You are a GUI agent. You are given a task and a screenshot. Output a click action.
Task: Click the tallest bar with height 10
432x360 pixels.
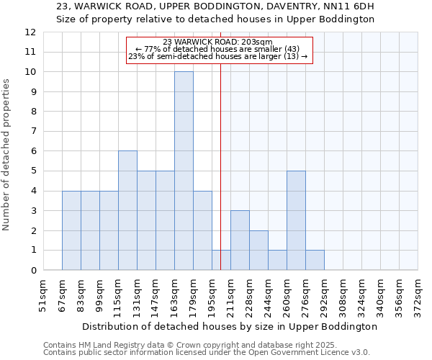click(184, 171)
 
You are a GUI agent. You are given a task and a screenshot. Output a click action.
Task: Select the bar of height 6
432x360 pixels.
click(127, 210)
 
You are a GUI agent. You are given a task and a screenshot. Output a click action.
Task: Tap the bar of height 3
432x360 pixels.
click(240, 240)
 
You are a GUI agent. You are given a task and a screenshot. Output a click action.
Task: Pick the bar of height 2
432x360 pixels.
click(258, 250)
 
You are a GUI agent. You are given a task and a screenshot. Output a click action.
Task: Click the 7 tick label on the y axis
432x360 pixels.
click(33, 132)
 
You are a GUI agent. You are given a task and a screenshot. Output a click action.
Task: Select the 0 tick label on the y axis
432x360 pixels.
click(33, 271)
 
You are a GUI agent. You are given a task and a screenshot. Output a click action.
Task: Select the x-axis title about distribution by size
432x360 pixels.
click(230, 326)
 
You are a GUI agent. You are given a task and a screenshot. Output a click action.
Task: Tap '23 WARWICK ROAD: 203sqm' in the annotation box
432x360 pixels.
click(217, 42)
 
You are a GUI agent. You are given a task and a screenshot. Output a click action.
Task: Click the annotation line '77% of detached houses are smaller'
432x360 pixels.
click(217, 49)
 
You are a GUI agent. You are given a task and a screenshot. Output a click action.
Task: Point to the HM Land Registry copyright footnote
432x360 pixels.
click(204, 345)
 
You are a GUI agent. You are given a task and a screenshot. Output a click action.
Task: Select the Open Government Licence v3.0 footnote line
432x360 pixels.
click(206, 353)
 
